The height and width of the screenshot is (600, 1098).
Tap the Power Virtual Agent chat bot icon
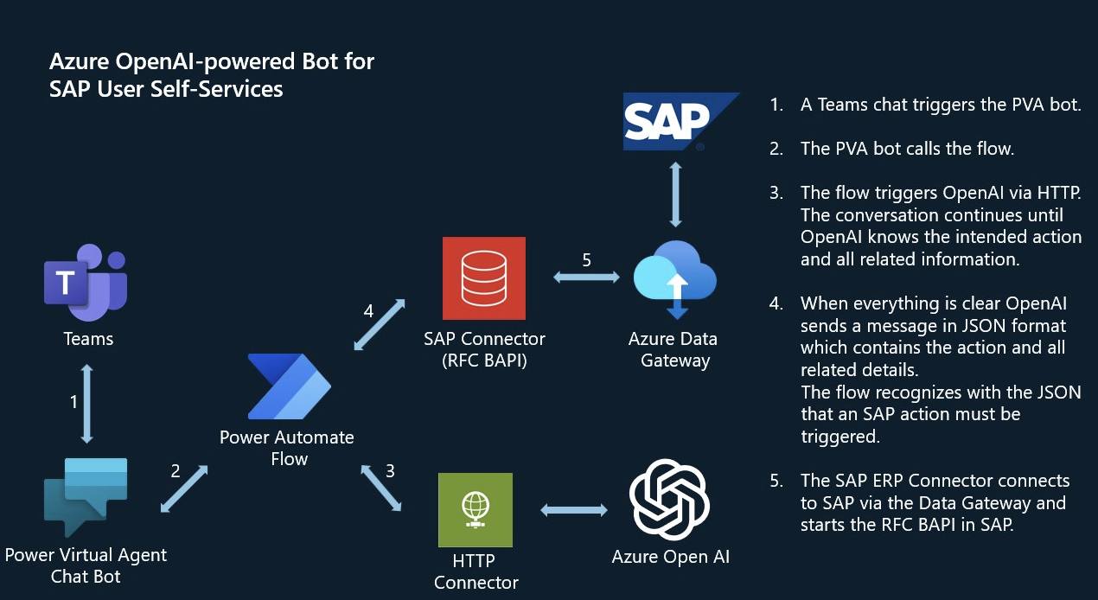pos(85,496)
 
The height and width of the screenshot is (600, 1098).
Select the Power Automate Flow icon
pos(288,386)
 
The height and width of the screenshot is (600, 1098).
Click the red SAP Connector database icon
pos(483,278)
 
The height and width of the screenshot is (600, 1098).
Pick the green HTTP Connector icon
pos(475,509)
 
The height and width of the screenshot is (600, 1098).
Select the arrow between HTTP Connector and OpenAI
pos(574,510)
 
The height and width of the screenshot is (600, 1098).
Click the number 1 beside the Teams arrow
pos(73,401)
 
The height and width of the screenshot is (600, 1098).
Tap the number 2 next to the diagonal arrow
pos(176,471)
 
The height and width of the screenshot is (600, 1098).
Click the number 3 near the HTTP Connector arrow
pos(390,471)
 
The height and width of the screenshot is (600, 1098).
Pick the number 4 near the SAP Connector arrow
pos(368,311)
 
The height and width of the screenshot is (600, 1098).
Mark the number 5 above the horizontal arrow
pos(586,259)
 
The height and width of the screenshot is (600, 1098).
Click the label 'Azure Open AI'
pos(670,557)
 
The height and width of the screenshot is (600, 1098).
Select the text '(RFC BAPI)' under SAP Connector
pos(484,361)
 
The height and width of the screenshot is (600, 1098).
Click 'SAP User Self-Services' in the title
pos(166,88)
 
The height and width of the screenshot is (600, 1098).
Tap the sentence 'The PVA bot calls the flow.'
pos(906,149)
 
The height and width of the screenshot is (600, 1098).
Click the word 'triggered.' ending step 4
pos(839,437)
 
